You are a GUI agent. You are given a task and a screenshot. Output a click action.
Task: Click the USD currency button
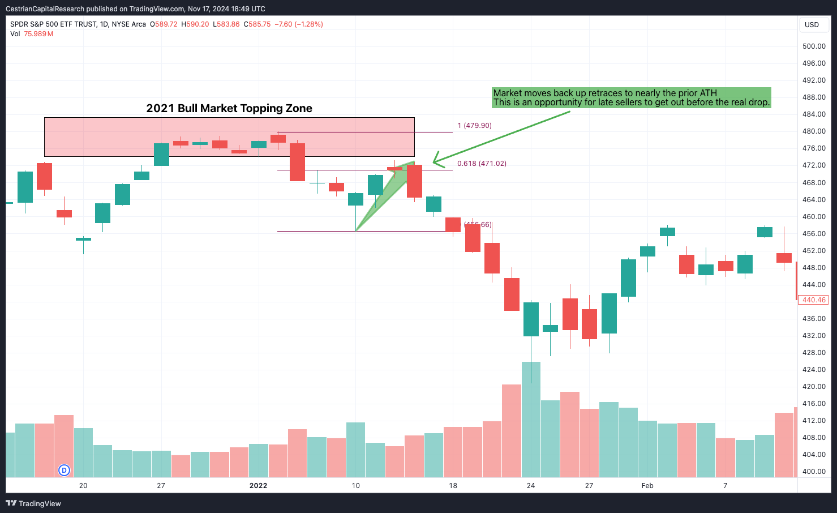click(x=812, y=25)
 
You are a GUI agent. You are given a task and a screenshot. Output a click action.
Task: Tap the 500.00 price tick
click(x=814, y=46)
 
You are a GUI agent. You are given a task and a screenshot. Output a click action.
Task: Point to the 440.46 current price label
click(x=813, y=300)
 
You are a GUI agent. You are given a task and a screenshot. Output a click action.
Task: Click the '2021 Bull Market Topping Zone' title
click(x=229, y=108)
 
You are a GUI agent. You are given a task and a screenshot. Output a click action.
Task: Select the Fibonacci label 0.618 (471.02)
click(x=482, y=164)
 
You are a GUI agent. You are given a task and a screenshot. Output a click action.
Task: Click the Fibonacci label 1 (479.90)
click(x=474, y=126)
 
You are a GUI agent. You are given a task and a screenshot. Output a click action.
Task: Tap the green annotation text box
click(x=631, y=97)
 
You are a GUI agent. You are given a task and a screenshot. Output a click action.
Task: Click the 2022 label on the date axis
click(x=258, y=486)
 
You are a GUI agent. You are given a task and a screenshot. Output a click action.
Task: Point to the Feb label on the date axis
click(x=647, y=486)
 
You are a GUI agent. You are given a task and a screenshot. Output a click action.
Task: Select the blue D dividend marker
click(x=65, y=470)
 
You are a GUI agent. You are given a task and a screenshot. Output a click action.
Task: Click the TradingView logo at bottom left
click(x=34, y=503)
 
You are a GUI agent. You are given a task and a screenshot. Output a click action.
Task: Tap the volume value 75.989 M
click(x=38, y=34)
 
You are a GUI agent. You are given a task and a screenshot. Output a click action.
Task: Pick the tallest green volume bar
click(x=531, y=419)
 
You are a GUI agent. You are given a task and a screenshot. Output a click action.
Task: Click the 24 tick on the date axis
click(x=531, y=486)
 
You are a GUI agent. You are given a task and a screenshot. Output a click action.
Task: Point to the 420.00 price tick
click(x=814, y=387)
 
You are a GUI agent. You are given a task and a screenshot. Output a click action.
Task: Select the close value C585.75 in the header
click(x=257, y=24)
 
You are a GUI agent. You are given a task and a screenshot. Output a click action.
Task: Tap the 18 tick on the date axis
click(x=453, y=486)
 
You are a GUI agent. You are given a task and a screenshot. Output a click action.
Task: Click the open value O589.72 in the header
click(x=164, y=24)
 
